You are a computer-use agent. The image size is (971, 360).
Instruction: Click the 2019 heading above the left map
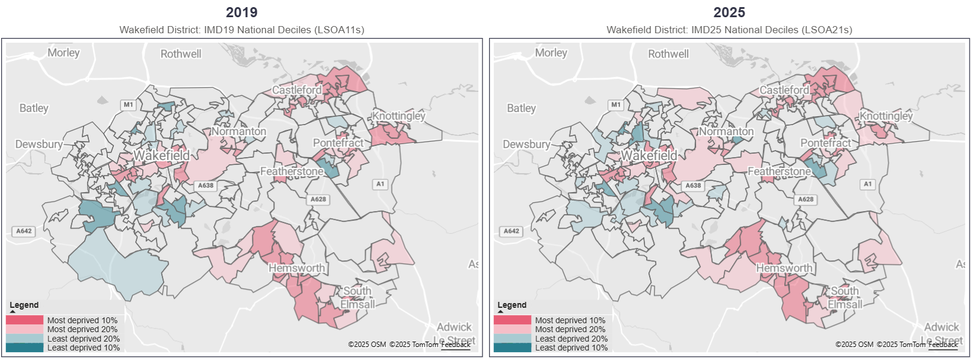pyautogui.click(x=241, y=12)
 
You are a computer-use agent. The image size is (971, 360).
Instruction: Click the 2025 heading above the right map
pyautogui.click(x=729, y=12)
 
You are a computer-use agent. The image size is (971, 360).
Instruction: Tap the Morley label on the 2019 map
pyautogui.click(x=63, y=53)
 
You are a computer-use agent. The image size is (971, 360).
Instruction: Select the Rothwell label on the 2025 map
pyautogui.click(x=668, y=54)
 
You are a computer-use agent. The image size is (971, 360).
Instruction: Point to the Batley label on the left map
pyautogui.click(x=34, y=108)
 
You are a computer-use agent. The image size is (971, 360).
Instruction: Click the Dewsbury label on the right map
pyautogui.click(x=526, y=144)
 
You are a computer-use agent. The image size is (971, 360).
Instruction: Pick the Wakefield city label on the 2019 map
pyautogui.click(x=161, y=155)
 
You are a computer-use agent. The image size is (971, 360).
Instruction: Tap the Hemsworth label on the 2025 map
pyautogui.click(x=784, y=268)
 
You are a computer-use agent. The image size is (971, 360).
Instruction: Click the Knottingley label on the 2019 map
pyautogui.click(x=398, y=116)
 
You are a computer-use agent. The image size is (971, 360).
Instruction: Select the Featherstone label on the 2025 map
pyautogui.click(x=779, y=171)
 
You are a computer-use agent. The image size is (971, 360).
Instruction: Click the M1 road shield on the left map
pyautogui.click(x=129, y=105)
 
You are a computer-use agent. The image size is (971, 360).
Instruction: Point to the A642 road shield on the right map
pyautogui.click(x=512, y=231)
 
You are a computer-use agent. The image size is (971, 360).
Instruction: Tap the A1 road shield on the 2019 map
pyautogui.click(x=380, y=184)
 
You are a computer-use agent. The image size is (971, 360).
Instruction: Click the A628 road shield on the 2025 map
pyautogui.click(x=806, y=199)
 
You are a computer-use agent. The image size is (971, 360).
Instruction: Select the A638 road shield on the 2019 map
pyautogui.click(x=206, y=186)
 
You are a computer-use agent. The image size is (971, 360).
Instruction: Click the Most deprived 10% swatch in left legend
pyautogui.click(x=24, y=320)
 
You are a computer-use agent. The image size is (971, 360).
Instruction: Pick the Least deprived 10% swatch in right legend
pyautogui.click(x=512, y=348)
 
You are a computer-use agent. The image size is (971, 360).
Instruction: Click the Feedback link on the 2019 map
pyautogui.click(x=456, y=345)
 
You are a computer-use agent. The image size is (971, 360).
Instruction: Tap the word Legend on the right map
pyautogui.click(x=512, y=305)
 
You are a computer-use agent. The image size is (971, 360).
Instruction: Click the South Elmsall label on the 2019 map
pyautogui.click(x=357, y=298)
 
